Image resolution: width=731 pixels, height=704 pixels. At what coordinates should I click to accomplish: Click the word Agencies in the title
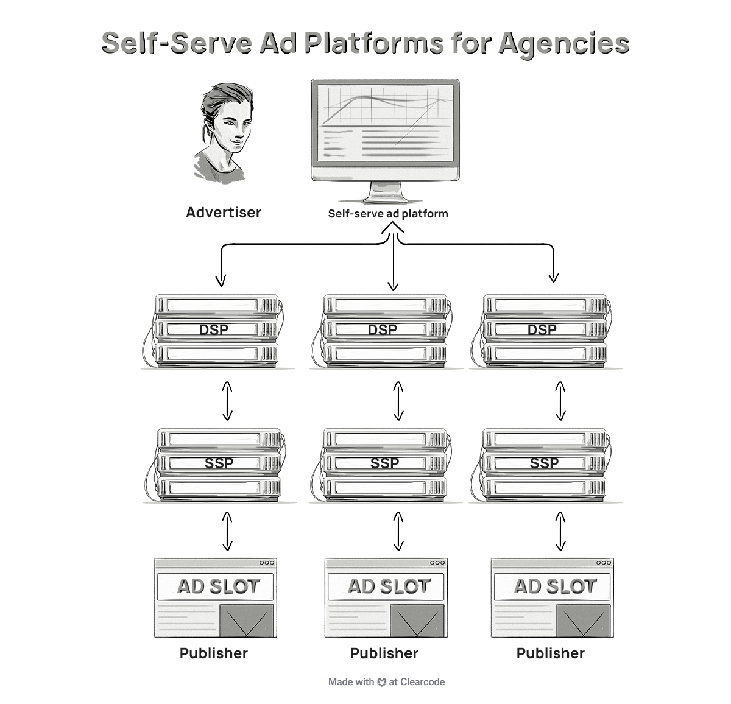563,43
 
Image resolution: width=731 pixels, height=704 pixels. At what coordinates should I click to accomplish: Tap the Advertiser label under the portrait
224,213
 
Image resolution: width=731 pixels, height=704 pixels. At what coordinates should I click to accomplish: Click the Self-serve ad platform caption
388,214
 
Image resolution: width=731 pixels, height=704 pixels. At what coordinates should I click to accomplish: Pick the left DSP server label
214,329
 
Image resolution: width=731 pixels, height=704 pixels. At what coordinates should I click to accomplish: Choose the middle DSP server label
383,329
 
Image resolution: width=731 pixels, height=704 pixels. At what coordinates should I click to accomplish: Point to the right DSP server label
542,329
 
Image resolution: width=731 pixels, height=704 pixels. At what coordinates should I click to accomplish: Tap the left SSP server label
219,463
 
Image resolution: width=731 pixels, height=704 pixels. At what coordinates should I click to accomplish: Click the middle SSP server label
385,463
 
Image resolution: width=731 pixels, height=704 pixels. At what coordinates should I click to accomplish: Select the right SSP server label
544,463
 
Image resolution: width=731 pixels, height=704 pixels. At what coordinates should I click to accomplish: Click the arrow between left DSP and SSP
227,401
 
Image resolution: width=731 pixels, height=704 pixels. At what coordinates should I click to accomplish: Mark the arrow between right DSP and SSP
560,401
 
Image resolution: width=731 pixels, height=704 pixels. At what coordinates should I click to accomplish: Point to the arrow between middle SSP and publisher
398,531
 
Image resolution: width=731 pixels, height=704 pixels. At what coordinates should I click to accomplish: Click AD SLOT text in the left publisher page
218,586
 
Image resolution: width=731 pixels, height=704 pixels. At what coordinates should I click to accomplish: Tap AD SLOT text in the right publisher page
555,586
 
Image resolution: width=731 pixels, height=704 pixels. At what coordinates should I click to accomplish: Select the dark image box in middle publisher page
417,621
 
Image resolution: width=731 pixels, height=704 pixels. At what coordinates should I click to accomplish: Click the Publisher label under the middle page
384,653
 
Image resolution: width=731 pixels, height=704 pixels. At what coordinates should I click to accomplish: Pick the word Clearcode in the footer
422,682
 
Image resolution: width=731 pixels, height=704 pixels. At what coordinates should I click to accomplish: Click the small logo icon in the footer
382,683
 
